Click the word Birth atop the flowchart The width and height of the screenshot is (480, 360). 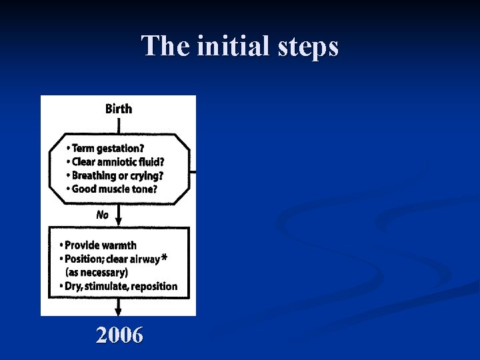coord(119,109)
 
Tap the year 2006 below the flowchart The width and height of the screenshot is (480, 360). coord(119,335)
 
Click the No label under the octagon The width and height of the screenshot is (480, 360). coord(102,215)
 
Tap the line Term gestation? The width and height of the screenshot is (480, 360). coord(108,148)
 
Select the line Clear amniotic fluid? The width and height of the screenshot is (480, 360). coord(117,162)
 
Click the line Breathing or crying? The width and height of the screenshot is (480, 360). coord(117,176)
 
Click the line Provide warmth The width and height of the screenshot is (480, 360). coord(100,245)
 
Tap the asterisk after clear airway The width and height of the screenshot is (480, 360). coord(164,258)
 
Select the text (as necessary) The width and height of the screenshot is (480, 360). coord(96,273)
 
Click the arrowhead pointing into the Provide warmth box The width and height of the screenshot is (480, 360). coord(119,222)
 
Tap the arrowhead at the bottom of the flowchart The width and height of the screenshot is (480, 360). coord(119,310)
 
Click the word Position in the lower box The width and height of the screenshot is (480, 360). coord(83,259)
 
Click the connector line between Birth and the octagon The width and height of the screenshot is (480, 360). coord(119,125)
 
